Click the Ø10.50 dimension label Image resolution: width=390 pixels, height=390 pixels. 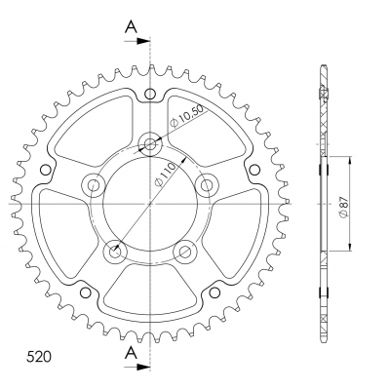(188, 115)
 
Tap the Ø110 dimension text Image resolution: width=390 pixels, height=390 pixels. (165, 175)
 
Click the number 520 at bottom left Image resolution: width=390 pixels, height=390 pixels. (38, 357)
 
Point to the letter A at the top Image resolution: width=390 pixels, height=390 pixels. (131, 27)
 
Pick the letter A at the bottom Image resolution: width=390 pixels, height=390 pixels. (131, 352)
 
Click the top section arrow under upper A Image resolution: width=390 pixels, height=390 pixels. (137, 41)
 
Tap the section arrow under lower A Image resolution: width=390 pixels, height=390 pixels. (137, 367)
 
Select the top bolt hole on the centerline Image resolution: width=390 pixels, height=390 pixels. (150, 143)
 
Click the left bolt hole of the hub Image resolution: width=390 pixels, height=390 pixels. (94, 185)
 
